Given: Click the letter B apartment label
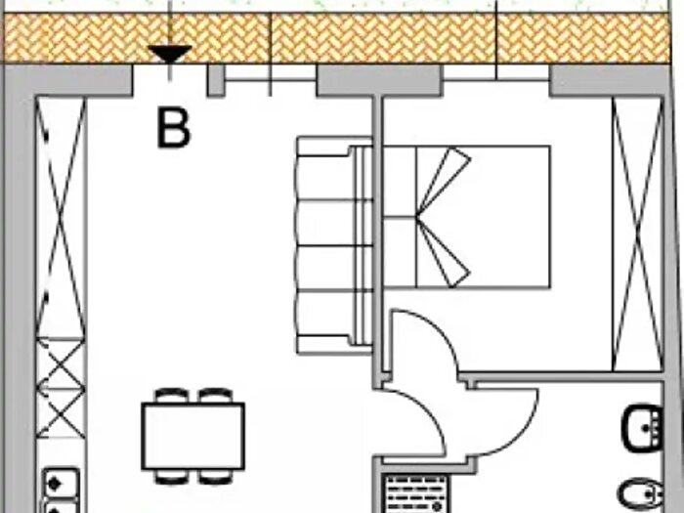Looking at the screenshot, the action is [174, 129].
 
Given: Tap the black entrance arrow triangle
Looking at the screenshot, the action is [170, 54].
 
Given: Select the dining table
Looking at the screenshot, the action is [192, 437].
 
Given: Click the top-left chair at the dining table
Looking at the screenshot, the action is [172, 395].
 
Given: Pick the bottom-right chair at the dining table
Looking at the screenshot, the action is [216, 477].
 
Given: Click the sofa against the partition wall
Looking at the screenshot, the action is [334, 245].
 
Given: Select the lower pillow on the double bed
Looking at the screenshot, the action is [444, 252].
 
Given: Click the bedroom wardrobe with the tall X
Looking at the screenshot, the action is [638, 235].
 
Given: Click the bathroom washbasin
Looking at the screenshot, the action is [643, 428].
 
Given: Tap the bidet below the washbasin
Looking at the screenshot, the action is [641, 494].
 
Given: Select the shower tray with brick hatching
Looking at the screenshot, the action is [417, 493].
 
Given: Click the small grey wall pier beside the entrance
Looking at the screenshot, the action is [216, 80].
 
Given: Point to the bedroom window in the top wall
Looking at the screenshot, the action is [496, 79].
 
